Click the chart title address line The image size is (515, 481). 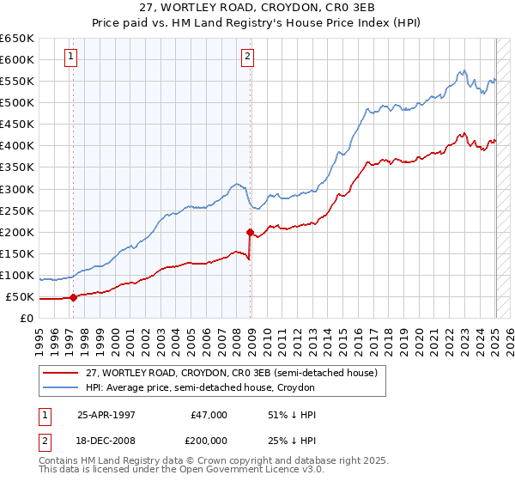coord(257,7)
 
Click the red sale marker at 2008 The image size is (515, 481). coord(250,232)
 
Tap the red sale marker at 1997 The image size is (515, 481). coord(73,298)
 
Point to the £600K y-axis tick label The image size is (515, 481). coord(17,59)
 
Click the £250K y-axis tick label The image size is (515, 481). coord(17,210)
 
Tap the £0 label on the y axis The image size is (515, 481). coord(27,319)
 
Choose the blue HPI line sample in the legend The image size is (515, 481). coord(61,388)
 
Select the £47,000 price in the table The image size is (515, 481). coord(208,415)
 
